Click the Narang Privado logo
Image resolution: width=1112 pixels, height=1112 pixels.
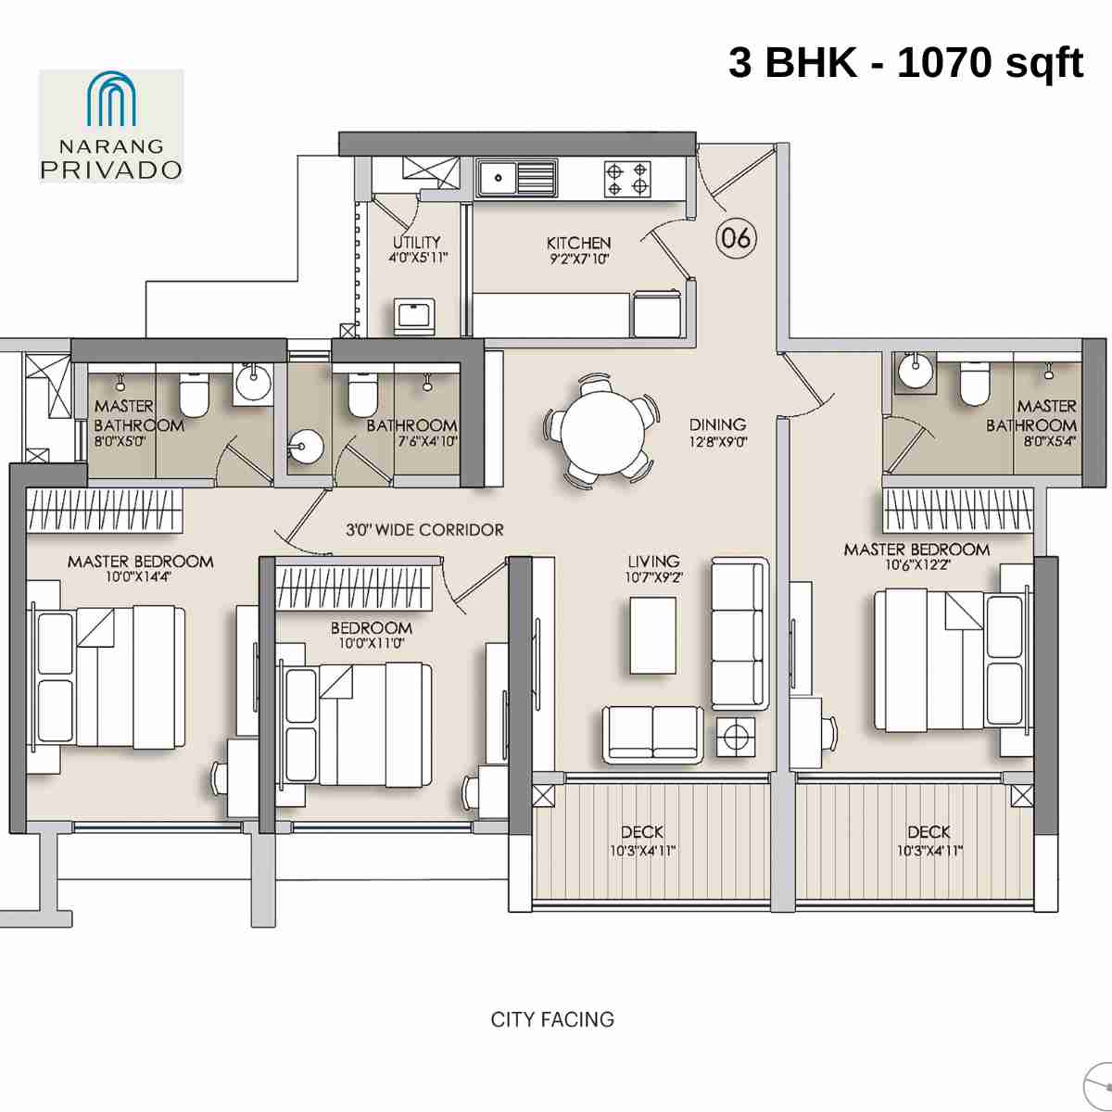click(111, 125)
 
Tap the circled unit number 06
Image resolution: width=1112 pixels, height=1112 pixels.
click(736, 238)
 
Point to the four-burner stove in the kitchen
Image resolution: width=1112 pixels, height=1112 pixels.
click(626, 178)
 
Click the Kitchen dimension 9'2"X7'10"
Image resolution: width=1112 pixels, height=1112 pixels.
click(579, 259)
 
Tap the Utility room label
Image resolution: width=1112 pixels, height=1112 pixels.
click(417, 243)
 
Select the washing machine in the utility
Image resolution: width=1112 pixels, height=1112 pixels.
click(414, 316)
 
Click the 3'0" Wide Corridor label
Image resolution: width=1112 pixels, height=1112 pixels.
click(425, 530)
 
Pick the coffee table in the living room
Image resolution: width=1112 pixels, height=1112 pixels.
click(652, 635)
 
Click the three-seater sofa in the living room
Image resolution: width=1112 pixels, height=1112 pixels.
click(739, 634)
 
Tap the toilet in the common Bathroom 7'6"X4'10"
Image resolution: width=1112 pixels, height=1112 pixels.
click(361, 397)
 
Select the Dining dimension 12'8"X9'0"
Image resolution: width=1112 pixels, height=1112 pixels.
click(718, 442)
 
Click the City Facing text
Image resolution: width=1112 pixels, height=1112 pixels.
click(552, 1019)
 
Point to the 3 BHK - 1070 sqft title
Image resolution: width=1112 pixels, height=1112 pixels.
click(905, 63)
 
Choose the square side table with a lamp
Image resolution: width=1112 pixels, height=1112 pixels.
click(735, 737)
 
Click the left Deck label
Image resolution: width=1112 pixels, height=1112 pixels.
click(641, 832)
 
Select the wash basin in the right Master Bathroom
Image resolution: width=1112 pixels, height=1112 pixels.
click(914, 372)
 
